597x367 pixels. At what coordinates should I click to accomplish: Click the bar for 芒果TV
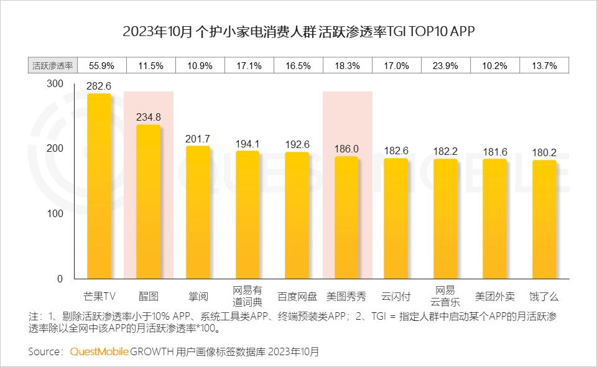(99, 187)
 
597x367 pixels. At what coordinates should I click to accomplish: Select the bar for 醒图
(148, 202)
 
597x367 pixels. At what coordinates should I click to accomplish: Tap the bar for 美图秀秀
(346, 218)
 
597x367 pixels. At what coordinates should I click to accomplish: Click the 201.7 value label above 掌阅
(198, 138)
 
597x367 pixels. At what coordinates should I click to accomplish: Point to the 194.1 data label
(248, 143)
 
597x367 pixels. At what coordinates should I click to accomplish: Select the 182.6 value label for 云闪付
(396, 151)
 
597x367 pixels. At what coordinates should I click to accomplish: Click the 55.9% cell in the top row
(101, 65)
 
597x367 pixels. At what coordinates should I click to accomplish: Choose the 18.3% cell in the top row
(347, 65)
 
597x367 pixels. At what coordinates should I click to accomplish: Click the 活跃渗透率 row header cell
(52, 65)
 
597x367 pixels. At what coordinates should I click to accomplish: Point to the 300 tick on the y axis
(55, 84)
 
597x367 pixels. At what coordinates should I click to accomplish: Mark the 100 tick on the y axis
(55, 213)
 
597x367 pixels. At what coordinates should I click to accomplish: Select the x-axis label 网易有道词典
(248, 296)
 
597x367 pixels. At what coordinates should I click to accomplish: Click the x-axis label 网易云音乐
(445, 296)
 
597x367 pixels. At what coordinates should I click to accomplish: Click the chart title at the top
(298, 32)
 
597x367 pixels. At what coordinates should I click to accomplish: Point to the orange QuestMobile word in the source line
(99, 351)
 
